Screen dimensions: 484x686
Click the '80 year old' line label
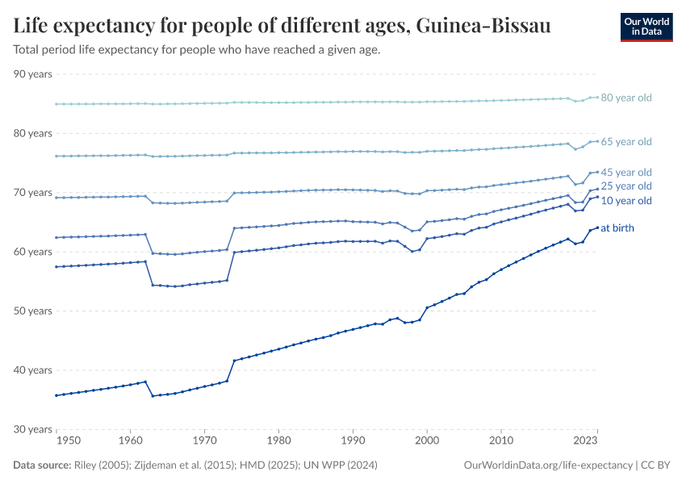[x=626, y=98]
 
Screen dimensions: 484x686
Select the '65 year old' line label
[x=626, y=142]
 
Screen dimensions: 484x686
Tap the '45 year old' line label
[x=626, y=173]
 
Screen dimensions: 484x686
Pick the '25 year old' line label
[x=626, y=186]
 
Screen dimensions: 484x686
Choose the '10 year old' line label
[x=626, y=201]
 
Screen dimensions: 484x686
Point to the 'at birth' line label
[x=617, y=228]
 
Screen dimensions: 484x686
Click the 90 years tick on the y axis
[x=33, y=74]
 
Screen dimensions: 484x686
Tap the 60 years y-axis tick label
[x=33, y=252]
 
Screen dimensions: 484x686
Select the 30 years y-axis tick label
[x=33, y=429]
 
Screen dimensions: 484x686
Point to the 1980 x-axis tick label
[x=278, y=441]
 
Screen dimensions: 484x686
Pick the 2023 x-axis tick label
[x=585, y=441]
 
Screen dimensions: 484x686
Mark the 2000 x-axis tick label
[x=427, y=441]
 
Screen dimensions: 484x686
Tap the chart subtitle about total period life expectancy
[x=197, y=50]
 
